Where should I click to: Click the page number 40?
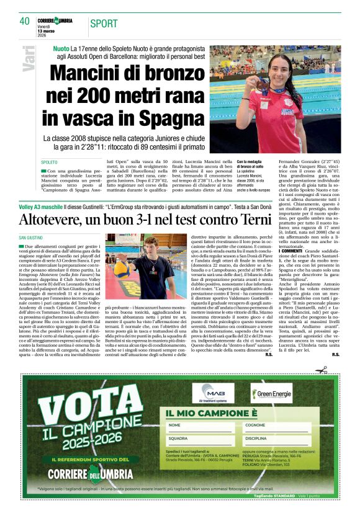click(x=24, y=21)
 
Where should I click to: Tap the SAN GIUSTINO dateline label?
click(x=31, y=238)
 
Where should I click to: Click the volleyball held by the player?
click(x=121, y=269)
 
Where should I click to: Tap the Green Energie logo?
click(x=271, y=394)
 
